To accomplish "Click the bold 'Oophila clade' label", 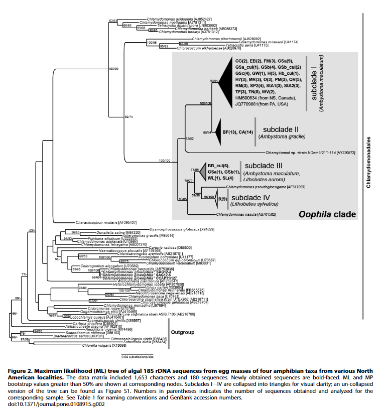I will tap(327, 215).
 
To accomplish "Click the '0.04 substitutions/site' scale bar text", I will tap(137, 357).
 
